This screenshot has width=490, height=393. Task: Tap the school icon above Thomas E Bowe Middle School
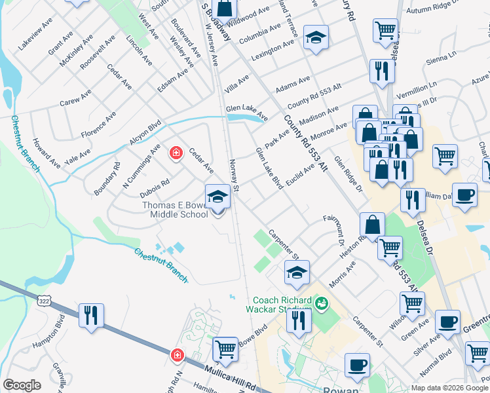click(x=218, y=196)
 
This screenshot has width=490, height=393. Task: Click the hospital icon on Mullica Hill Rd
click(x=176, y=356)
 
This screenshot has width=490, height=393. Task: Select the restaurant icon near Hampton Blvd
click(x=91, y=315)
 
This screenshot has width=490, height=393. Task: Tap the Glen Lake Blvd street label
click(x=269, y=168)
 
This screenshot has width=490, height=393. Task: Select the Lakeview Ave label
click(x=35, y=34)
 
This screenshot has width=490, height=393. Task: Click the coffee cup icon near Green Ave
click(x=448, y=322)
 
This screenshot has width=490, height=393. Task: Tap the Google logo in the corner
click(x=22, y=385)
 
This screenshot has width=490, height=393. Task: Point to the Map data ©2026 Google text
click(x=449, y=388)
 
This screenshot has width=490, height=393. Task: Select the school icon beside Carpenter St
click(x=297, y=272)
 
